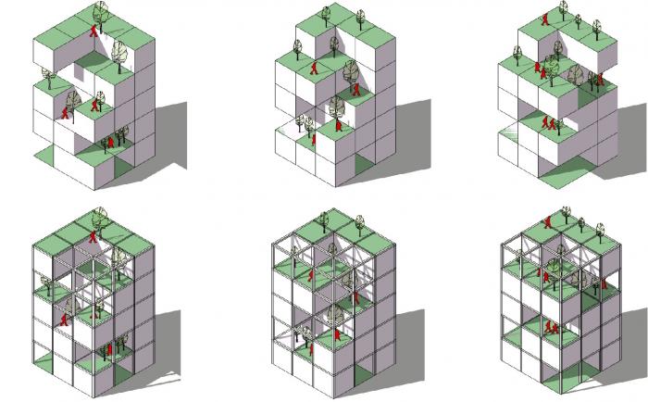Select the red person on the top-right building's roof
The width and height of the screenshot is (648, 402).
pyautogui.click(x=547, y=18)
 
